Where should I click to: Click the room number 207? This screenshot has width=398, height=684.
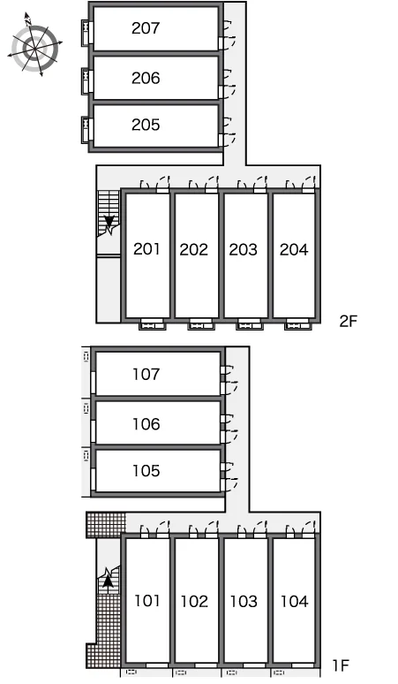pyautogui.click(x=146, y=28)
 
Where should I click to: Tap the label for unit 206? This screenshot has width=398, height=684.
pyautogui.click(x=146, y=78)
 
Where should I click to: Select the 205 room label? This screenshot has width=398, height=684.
pyautogui.click(x=146, y=125)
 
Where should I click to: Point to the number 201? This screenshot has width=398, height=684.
pyautogui.click(x=146, y=249)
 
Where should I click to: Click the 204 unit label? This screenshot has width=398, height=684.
pyautogui.click(x=294, y=249)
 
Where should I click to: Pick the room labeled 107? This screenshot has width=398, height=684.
pyautogui.click(x=146, y=374)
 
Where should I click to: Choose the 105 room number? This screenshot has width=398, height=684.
pyautogui.click(x=146, y=471)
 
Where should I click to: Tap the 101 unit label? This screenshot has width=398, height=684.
pyautogui.click(x=147, y=601)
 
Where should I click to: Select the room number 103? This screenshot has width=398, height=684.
pyautogui.click(x=244, y=602)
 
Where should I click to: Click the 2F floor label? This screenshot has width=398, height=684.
pyautogui.click(x=349, y=321)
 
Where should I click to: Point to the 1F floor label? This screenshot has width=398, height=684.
pyautogui.click(x=341, y=665)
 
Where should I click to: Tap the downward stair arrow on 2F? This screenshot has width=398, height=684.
pyautogui.click(x=109, y=224)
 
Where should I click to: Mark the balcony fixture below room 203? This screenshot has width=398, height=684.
pyautogui.click(x=250, y=324)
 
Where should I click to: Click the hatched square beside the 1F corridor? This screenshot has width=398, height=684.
pyautogui.click(x=106, y=525)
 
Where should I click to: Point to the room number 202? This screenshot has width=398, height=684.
pyautogui.click(x=194, y=249)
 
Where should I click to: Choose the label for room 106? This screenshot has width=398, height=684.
pyautogui.click(x=146, y=424)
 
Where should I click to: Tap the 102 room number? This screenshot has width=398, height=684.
pyautogui.click(x=194, y=602)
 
